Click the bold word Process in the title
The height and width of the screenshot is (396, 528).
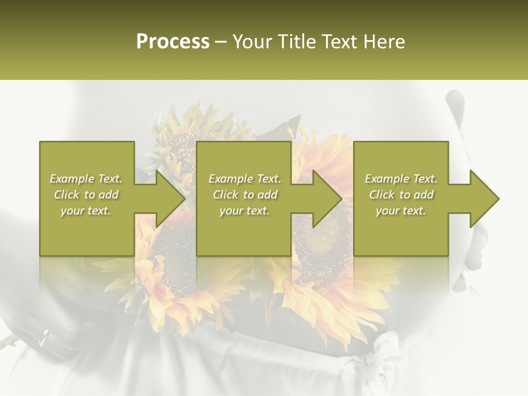point(173,41)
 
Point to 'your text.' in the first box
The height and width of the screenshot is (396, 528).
point(86,211)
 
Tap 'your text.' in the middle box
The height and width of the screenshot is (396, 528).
point(245,211)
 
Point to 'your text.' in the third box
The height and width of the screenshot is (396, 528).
point(401,211)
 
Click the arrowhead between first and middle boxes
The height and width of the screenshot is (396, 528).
point(170,199)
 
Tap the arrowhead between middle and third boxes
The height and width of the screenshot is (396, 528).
point(327,199)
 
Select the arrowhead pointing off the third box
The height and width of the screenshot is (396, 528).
point(484,199)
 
